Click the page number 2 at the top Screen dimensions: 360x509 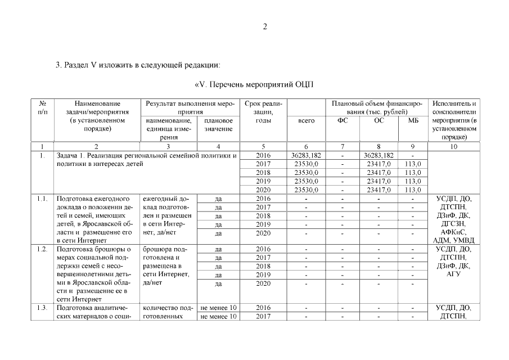(265, 26)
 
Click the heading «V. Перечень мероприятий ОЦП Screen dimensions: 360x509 (254, 85)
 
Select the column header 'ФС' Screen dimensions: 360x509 (343, 120)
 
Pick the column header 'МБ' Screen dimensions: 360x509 (413, 120)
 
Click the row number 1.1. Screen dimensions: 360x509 (42, 199)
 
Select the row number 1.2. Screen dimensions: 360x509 (42, 249)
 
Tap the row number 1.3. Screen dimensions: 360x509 (42, 308)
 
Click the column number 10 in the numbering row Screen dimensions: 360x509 (454, 147)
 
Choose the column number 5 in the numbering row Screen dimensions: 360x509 (263, 147)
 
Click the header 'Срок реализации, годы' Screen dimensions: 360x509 (263, 112)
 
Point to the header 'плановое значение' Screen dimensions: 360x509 (219, 125)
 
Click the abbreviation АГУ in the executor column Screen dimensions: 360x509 (454, 274)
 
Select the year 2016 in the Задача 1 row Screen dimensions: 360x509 (263, 155)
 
